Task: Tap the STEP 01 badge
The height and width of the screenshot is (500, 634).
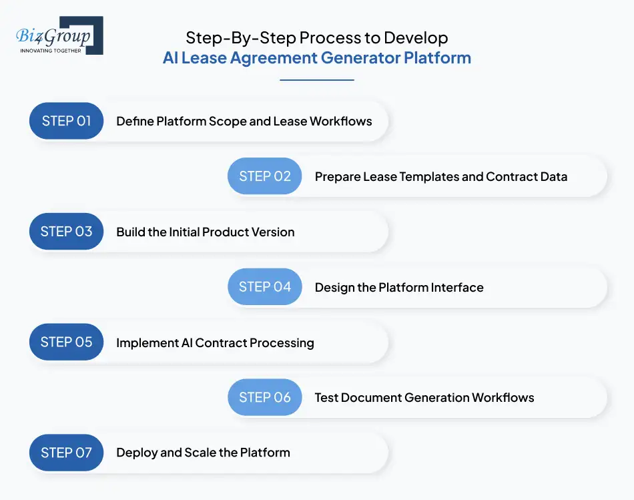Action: (66, 121)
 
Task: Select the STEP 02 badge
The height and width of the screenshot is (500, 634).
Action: (265, 176)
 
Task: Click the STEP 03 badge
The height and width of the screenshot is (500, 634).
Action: (66, 232)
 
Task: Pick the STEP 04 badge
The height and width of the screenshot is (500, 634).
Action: (265, 287)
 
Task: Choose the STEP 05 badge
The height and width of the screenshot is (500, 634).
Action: (66, 342)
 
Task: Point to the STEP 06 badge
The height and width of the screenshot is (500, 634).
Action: (265, 397)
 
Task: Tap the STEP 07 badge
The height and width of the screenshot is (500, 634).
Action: (66, 453)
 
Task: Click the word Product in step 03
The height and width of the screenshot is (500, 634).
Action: (215, 232)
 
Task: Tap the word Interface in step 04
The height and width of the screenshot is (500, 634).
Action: (456, 288)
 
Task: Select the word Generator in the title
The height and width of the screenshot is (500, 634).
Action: (360, 58)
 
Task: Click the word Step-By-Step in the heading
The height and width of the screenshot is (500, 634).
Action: (225, 37)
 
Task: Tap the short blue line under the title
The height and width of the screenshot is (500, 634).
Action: (316, 80)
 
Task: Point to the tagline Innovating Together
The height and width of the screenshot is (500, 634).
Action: (51, 51)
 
